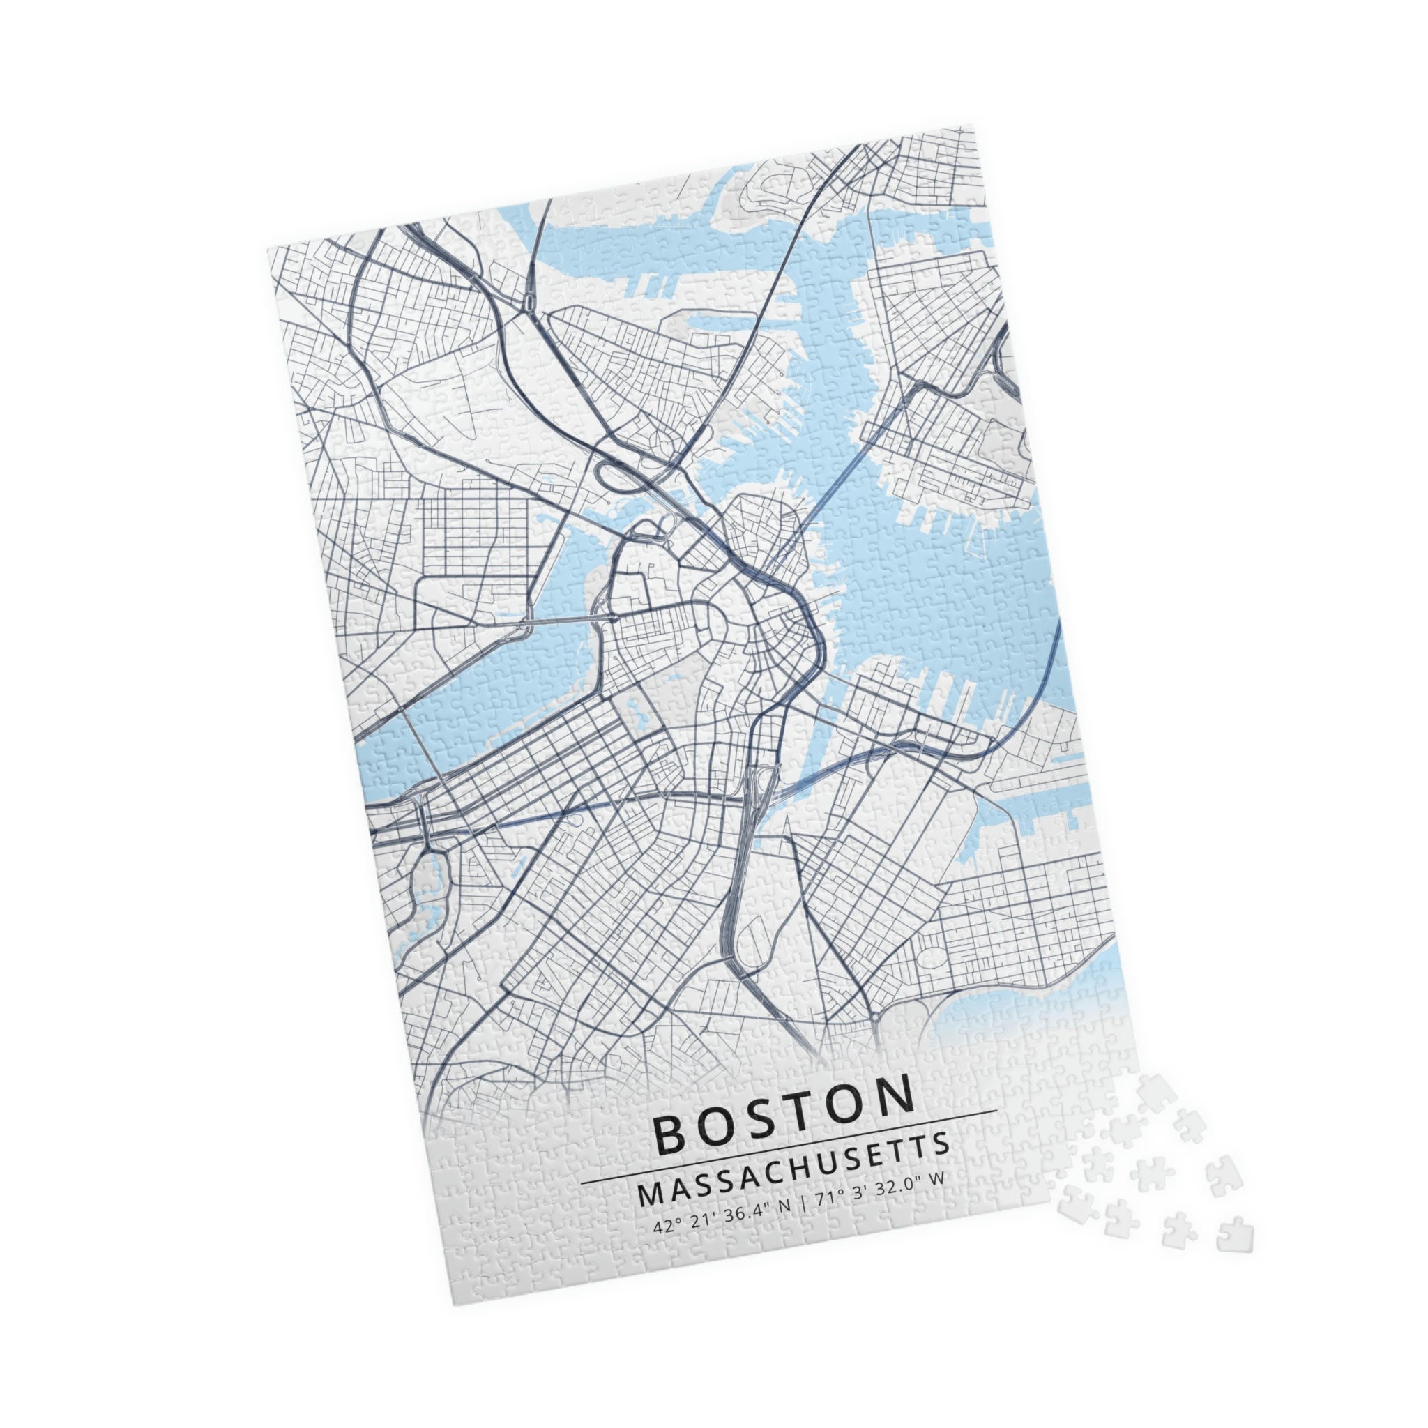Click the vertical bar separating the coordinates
(801, 1205)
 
